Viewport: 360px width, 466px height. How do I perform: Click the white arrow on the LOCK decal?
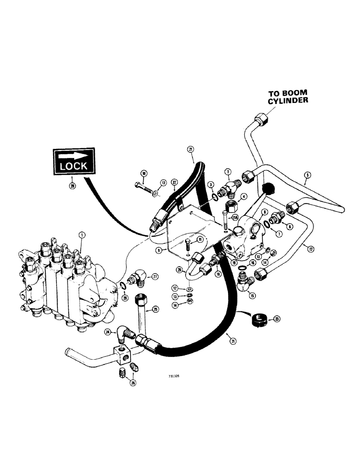pos(74,155)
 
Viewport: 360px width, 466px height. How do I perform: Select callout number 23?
pos(277,319)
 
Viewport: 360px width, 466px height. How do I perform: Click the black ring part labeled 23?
pos(257,320)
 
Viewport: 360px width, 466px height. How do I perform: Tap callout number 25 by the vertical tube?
pos(156,309)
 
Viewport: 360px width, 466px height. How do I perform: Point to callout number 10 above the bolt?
pos(144,174)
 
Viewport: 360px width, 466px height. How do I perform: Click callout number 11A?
pos(235,217)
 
